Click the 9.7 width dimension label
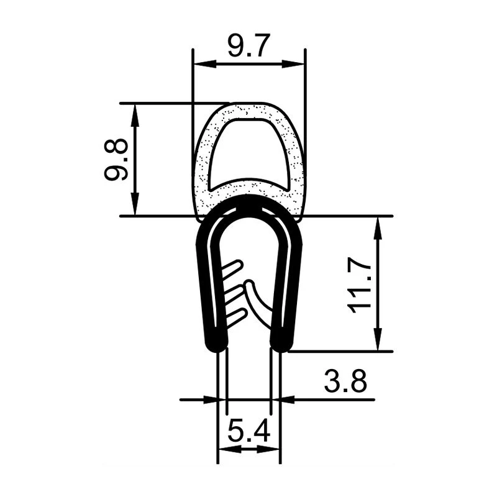(249, 45)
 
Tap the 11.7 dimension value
(359, 285)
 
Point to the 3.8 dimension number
(345, 380)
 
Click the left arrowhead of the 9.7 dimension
(205, 64)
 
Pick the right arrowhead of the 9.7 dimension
(293, 64)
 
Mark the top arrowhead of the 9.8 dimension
(135, 115)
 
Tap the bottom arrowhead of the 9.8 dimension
(135, 204)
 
